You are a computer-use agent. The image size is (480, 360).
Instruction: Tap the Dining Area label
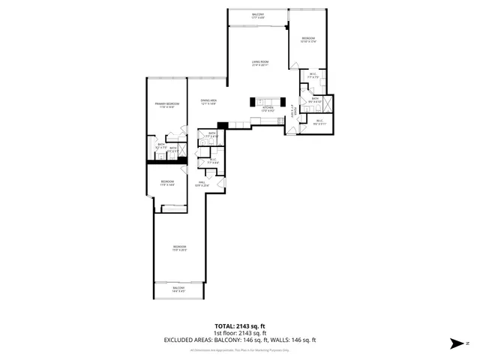[x=208, y=102]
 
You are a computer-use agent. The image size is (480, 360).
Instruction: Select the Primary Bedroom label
[x=166, y=105]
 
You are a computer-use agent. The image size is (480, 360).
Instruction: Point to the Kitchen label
[x=268, y=109]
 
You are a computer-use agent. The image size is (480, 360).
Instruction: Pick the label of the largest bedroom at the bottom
[x=178, y=249]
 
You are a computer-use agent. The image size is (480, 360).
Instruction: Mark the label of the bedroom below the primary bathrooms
[x=167, y=183]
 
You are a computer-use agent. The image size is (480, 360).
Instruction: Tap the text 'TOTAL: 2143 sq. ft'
[x=239, y=326]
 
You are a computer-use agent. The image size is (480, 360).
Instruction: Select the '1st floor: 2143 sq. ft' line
[x=239, y=333]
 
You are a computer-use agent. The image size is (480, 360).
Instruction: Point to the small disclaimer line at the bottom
[x=239, y=349]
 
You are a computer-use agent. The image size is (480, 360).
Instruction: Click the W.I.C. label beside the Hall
[x=213, y=160]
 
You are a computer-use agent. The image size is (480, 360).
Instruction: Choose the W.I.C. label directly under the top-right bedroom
[x=313, y=76]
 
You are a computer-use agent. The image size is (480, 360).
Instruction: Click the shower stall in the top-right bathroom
[x=328, y=103]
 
